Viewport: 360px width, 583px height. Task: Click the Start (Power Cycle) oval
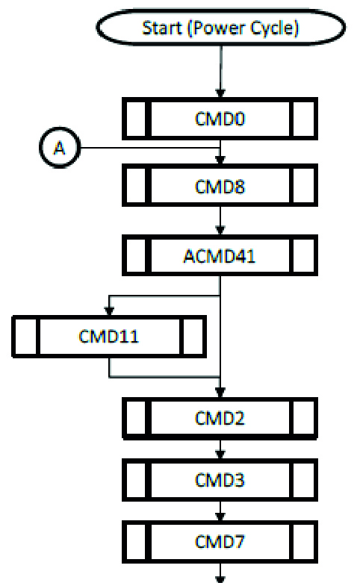click(221, 28)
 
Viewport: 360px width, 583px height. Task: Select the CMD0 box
click(220, 119)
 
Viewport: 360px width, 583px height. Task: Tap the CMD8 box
click(220, 186)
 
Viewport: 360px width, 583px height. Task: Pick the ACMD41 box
click(220, 255)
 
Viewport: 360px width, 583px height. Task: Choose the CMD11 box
click(109, 337)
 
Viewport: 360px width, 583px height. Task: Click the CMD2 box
click(220, 418)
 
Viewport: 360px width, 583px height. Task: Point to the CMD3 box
click(220, 480)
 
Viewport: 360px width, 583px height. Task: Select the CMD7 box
click(220, 542)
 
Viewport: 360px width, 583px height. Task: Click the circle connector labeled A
click(60, 148)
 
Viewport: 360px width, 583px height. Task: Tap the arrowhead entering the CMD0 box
click(220, 93)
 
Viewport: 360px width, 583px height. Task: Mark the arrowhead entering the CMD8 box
click(220, 160)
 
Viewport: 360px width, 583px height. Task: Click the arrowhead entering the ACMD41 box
click(220, 231)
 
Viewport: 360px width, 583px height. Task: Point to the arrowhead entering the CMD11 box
click(109, 311)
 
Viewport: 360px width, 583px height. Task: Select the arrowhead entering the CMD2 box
click(220, 393)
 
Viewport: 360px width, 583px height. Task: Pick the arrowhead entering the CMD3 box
click(220, 455)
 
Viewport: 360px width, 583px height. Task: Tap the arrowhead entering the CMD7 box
click(220, 517)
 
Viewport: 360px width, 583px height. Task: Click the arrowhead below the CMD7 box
click(220, 579)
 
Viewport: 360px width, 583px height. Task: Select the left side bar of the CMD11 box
click(25, 337)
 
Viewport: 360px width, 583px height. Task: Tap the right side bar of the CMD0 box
click(303, 119)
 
